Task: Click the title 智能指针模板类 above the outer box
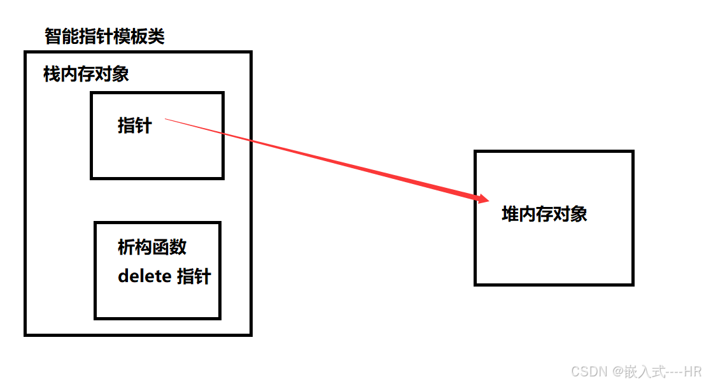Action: [104, 37]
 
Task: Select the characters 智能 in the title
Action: [61, 37]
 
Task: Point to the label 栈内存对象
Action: [86, 75]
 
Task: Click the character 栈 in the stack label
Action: [52, 75]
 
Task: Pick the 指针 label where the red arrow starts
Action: [134, 125]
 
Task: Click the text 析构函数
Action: [152, 247]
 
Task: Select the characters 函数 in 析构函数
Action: [169, 247]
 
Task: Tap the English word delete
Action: [144, 277]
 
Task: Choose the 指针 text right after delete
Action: [194, 277]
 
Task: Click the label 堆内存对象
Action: [544, 214]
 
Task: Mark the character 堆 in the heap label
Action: [510, 214]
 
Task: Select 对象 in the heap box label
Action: [570, 214]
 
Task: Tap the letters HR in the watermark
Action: [691, 371]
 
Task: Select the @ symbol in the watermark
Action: [616, 371]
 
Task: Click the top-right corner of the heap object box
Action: [632, 152]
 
